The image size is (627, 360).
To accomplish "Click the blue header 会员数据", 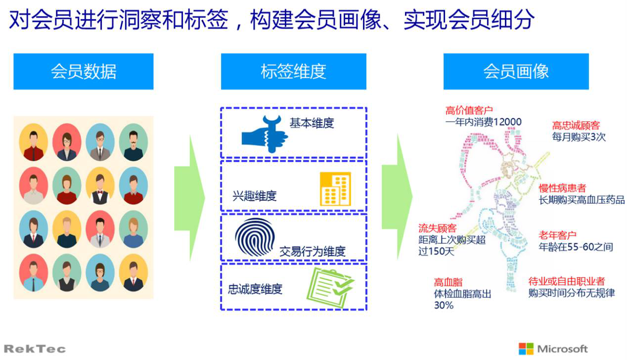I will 83,72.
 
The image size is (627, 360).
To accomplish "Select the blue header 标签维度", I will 293,72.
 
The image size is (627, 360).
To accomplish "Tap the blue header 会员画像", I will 516,72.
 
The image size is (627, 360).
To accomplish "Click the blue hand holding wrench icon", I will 265,134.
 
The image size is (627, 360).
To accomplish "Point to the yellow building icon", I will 335,188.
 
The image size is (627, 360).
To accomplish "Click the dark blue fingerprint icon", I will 255,236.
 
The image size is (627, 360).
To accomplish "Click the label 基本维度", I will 312,123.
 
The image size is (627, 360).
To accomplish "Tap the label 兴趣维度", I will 254,195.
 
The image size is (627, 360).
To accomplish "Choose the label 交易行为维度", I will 312,251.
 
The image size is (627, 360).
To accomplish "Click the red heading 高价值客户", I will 469,110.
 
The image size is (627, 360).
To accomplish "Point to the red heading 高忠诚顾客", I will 576,126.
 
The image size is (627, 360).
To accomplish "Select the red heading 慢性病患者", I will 562,188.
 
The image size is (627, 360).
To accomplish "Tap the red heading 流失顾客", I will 437,228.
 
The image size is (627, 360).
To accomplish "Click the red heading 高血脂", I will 448,282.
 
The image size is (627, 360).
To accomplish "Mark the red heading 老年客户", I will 558,235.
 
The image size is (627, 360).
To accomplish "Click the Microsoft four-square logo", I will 526,348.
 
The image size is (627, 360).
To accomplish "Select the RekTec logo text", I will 35,349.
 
